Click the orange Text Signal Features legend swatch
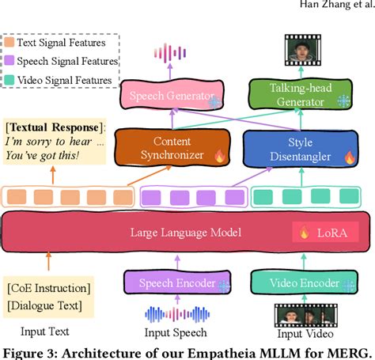coord(9,41)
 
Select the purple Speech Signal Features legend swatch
coord(9,60)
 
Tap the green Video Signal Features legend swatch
coord(9,80)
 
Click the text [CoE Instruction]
coord(48,286)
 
